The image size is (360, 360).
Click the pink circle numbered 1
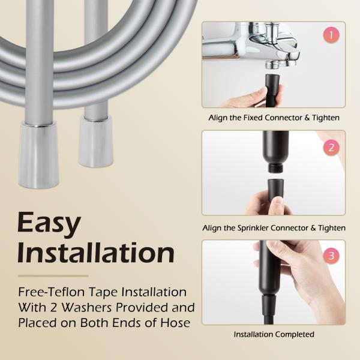click(x=329, y=35)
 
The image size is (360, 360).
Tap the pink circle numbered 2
click(x=329, y=146)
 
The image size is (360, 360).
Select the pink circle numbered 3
click(x=329, y=254)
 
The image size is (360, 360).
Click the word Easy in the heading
click(x=49, y=224)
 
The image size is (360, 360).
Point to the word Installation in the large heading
click(x=96, y=253)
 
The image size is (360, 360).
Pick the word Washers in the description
click(x=83, y=308)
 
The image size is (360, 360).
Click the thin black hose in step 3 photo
click(x=272, y=315)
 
